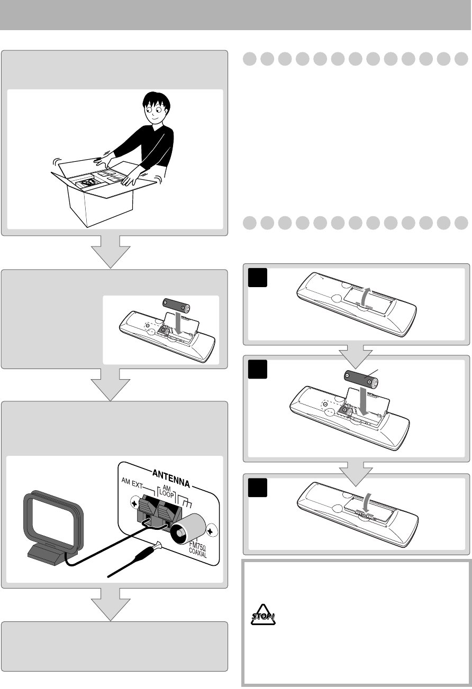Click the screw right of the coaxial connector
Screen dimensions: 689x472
coord(211,528)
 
